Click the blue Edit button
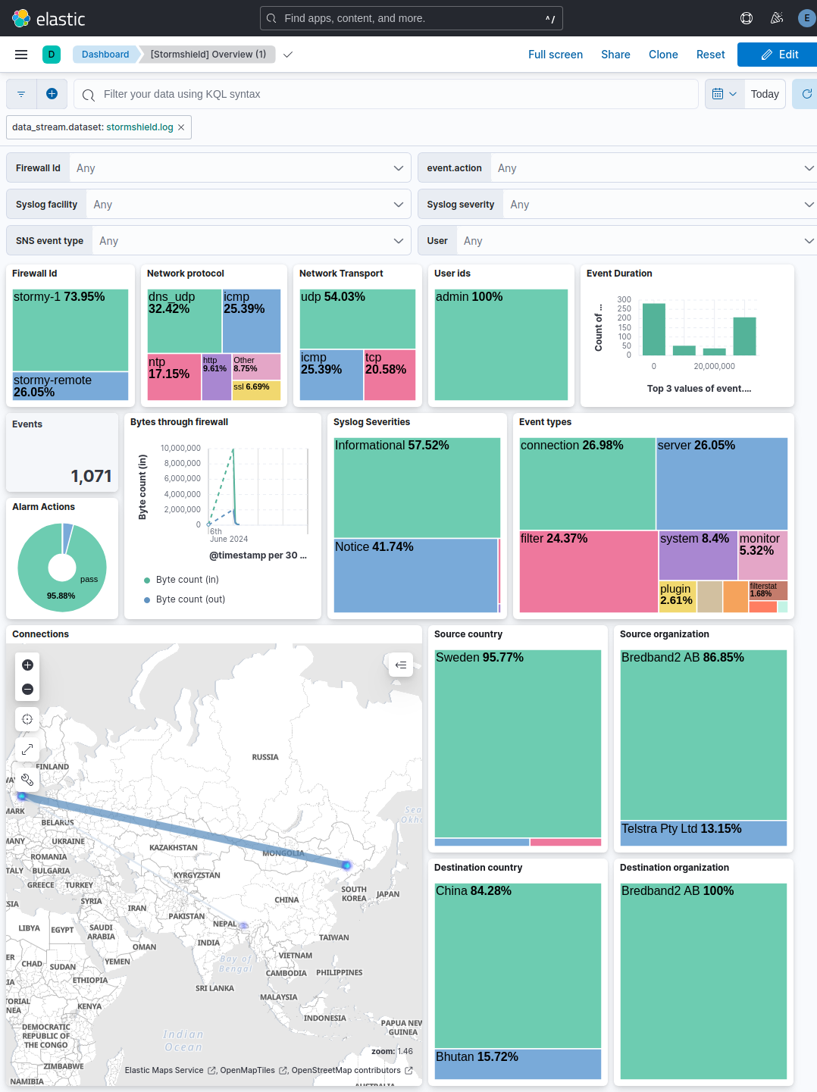779,55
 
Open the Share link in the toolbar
615,55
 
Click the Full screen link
555,55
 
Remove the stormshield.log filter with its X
181,127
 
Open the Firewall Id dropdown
239,168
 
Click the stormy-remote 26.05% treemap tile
70,386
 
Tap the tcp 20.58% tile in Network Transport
390,374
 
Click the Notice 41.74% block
415,574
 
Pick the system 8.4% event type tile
697,555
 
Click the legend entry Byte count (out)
190,599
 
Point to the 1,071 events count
91,476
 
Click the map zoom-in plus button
28,665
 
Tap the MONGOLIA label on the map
283,853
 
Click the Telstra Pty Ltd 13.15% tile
703,833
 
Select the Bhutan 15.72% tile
518,1063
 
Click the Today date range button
765,94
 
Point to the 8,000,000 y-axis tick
182,463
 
